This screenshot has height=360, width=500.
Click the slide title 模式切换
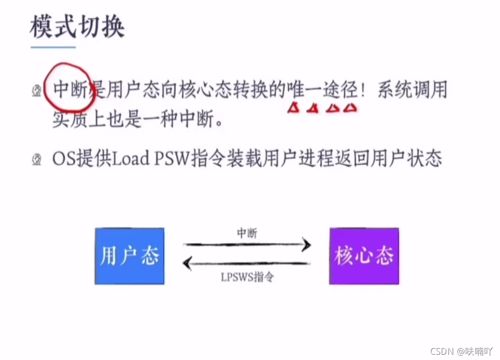(77, 27)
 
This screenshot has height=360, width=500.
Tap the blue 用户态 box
(129, 256)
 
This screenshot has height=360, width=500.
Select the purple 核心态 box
(364, 256)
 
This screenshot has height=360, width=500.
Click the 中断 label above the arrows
(247, 233)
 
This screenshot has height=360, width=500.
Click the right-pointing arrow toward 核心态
(247, 245)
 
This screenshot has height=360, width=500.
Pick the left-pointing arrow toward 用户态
(247, 263)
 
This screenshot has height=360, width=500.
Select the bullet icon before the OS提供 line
(37, 159)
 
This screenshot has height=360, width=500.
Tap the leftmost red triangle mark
(293, 108)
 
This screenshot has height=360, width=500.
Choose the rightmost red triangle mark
(350, 108)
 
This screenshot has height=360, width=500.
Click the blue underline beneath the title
(53, 47)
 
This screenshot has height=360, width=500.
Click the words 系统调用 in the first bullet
(412, 89)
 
